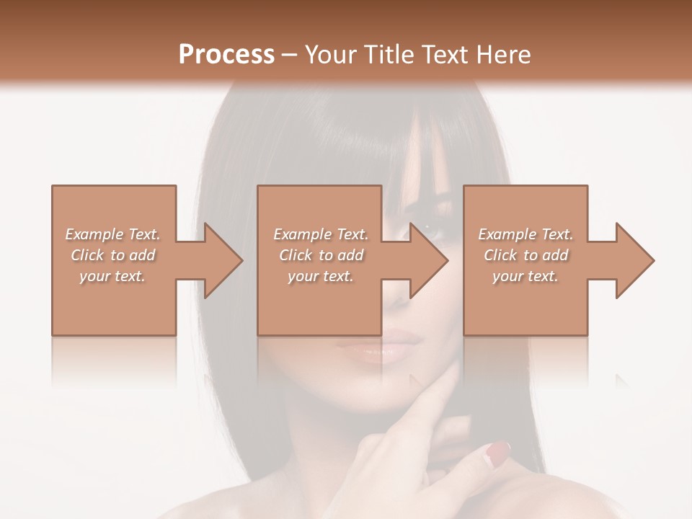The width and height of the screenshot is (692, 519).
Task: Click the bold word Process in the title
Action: (x=226, y=55)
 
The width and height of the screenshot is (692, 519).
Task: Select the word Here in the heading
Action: (x=502, y=55)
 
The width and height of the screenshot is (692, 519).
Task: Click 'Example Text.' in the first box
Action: (x=112, y=234)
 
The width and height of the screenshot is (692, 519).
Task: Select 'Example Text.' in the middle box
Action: (x=320, y=234)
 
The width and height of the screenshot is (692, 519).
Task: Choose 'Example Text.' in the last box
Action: (x=525, y=234)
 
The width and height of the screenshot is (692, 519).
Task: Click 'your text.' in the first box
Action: (x=112, y=276)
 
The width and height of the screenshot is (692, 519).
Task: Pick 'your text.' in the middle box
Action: (x=320, y=276)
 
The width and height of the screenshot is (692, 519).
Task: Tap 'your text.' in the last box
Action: (x=525, y=276)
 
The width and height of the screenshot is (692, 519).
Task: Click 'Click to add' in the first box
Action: (x=112, y=255)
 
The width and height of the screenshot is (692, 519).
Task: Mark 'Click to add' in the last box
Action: (x=525, y=255)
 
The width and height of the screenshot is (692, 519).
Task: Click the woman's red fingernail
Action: (x=497, y=452)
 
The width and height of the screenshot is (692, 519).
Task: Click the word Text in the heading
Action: (x=443, y=55)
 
